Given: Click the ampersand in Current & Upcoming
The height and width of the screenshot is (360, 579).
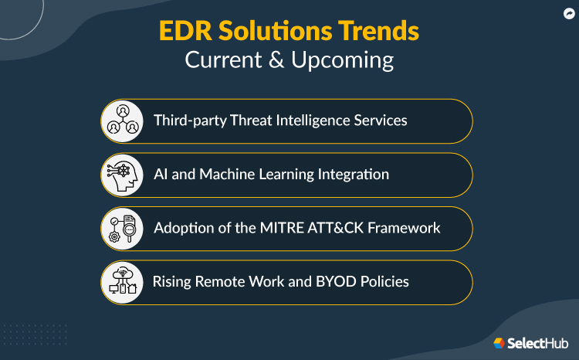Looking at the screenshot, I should [275, 60].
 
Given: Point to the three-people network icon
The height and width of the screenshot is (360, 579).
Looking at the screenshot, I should [123, 121].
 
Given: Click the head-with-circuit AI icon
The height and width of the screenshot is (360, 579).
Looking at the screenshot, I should [123, 175].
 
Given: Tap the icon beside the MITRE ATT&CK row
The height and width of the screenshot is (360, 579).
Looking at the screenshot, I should [123, 228].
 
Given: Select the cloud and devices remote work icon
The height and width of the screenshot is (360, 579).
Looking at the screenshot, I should [123, 282].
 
